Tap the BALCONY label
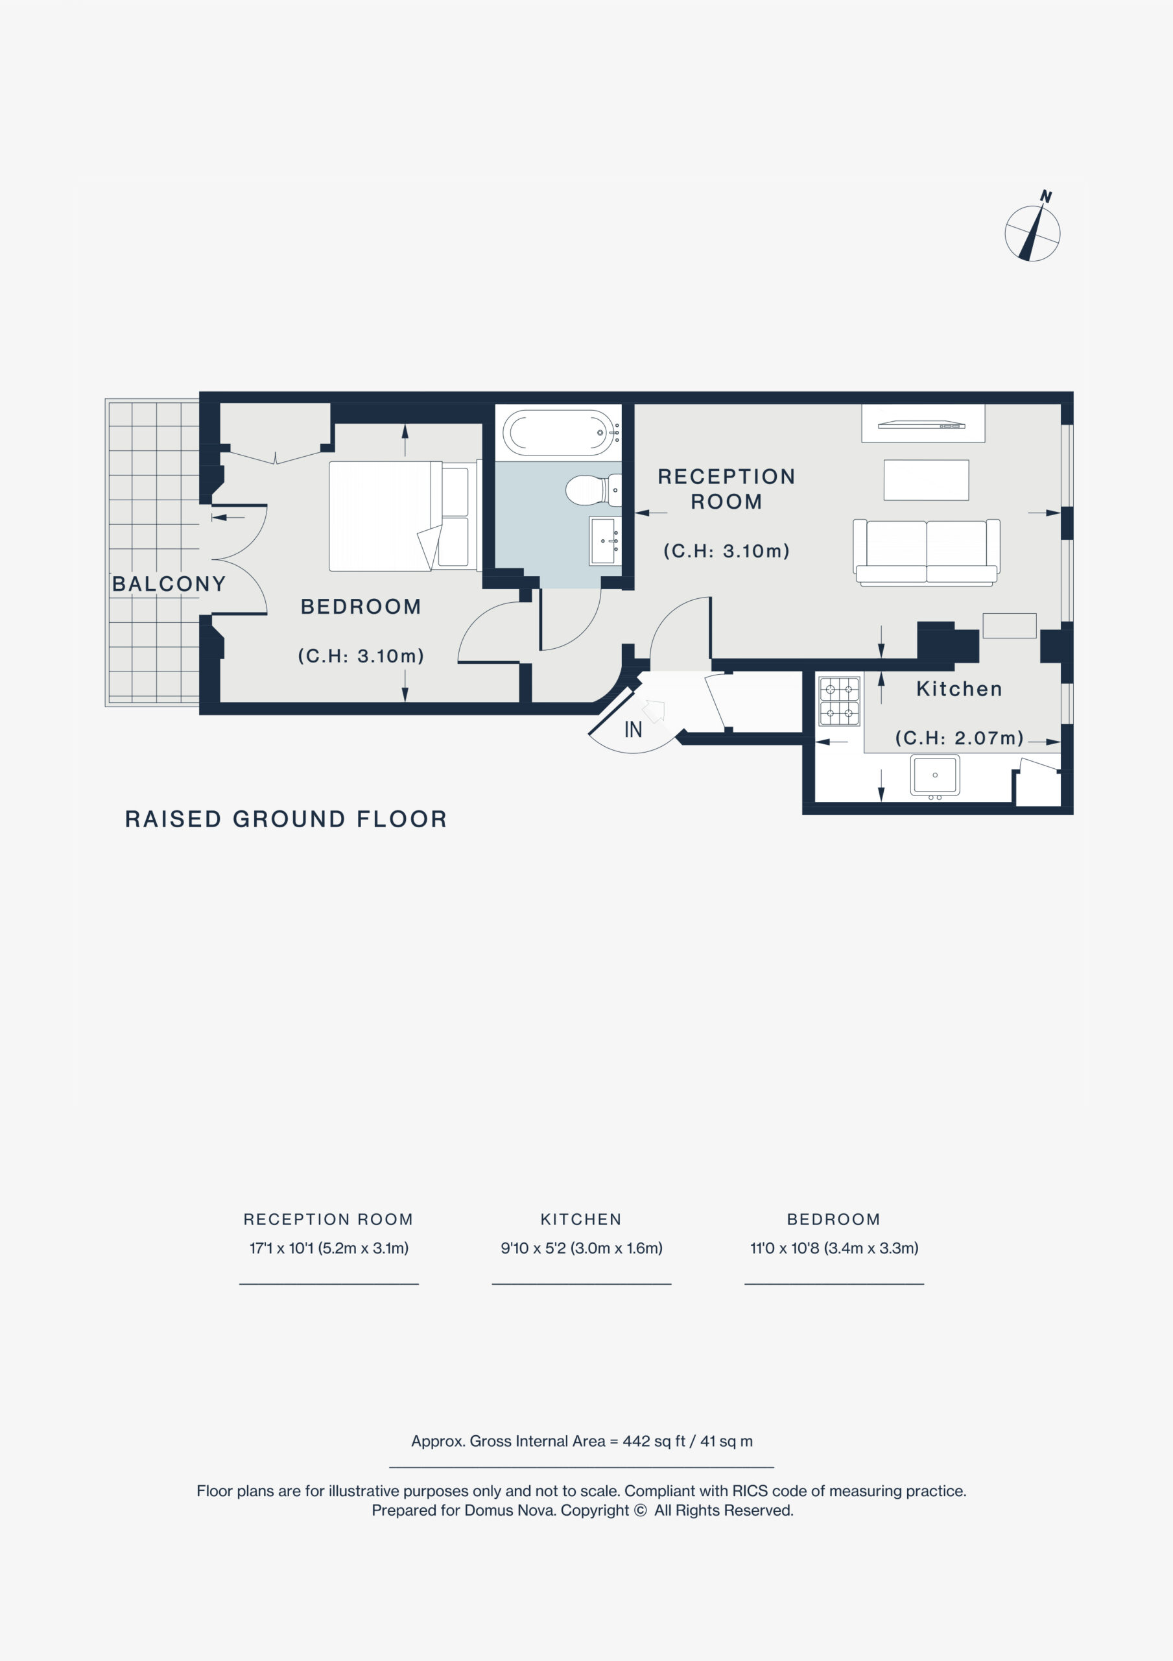pyautogui.click(x=169, y=584)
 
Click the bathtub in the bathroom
pyautogui.click(x=561, y=433)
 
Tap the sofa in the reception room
pyautogui.click(x=927, y=551)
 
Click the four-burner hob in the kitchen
pyautogui.click(x=840, y=701)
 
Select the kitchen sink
pyautogui.click(x=935, y=776)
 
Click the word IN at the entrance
pyautogui.click(x=633, y=730)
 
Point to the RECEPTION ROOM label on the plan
pyautogui.click(x=726, y=489)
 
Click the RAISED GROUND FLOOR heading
pyautogui.click(x=286, y=819)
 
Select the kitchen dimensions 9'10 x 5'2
pyautogui.click(x=532, y=1248)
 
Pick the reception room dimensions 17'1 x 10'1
pyautogui.click(x=281, y=1248)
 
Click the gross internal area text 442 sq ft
pyautogui.click(x=654, y=1441)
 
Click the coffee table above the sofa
pyautogui.click(x=926, y=479)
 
